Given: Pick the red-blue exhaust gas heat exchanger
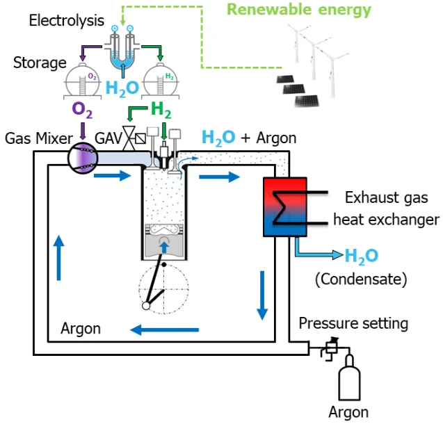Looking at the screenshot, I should coord(280,206).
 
